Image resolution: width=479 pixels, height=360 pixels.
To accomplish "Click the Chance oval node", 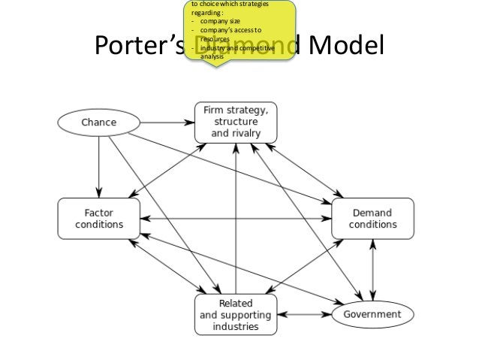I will coord(98,121).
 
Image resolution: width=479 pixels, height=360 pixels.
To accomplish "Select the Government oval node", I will coord(372,313).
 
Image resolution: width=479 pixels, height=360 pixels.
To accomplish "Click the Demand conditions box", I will coord(373,218).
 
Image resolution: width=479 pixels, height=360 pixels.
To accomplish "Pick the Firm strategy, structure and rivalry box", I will coord(236,121).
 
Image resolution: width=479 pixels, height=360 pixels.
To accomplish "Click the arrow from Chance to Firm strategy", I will coord(167,120).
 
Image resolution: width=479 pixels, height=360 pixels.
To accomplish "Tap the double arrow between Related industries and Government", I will coord(303,313).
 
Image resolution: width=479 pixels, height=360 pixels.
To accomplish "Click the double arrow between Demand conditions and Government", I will coord(373,268).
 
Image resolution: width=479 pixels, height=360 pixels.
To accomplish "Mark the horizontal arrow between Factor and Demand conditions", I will coord(236,219).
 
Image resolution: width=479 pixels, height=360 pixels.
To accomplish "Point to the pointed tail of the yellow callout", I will coord(218,66).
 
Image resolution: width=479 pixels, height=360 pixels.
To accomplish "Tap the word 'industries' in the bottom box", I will coord(235,326).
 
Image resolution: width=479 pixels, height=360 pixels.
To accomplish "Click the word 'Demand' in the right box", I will coord(373,212).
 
